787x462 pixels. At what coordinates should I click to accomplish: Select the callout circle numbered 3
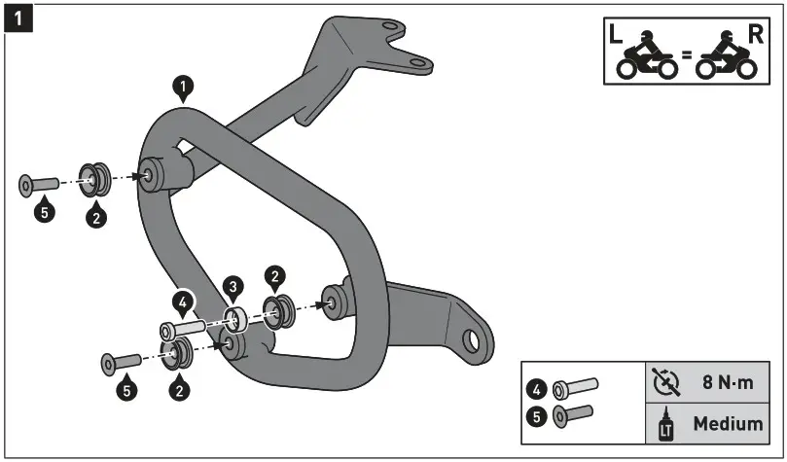(x=232, y=287)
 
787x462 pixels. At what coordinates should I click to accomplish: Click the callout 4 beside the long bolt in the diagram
(x=181, y=302)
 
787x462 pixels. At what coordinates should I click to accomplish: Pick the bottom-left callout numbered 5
(x=127, y=391)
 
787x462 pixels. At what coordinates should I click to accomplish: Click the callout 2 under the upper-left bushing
(x=95, y=216)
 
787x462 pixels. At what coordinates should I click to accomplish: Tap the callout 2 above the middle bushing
(x=275, y=278)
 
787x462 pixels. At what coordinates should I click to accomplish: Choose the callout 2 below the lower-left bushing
(x=179, y=390)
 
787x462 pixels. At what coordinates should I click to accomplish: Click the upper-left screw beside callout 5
(x=39, y=183)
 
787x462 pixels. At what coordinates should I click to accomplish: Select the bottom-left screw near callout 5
(x=121, y=363)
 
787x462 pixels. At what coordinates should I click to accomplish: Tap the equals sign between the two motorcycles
(x=685, y=56)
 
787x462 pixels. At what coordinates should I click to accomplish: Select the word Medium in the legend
(x=728, y=424)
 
